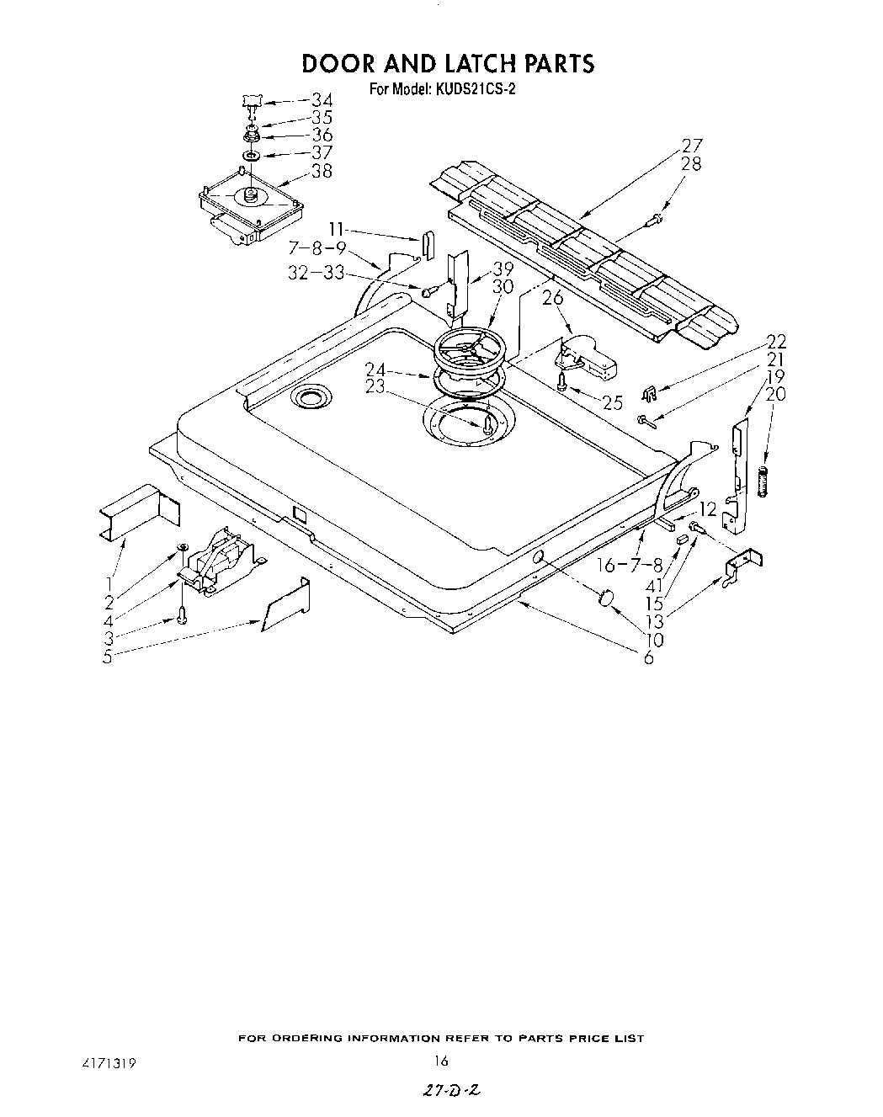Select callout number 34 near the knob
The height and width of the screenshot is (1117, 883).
pyautogui.click(x=322, y=99)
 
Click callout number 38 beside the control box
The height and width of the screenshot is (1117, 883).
pyautogui.click(x=322, y=172)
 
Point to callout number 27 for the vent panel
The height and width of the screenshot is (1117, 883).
pyautogui.click(x=692, y=145)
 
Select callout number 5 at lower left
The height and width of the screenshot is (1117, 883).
pyautogui.click(x=108, y=657)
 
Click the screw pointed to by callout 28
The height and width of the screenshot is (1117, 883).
pyautogui.click(x=655, y=221)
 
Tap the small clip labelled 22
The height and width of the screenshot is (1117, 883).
pyautogui.click(x=647, y=392)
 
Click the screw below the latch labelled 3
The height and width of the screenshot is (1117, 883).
pyautogui.click(x=181, y=617)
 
